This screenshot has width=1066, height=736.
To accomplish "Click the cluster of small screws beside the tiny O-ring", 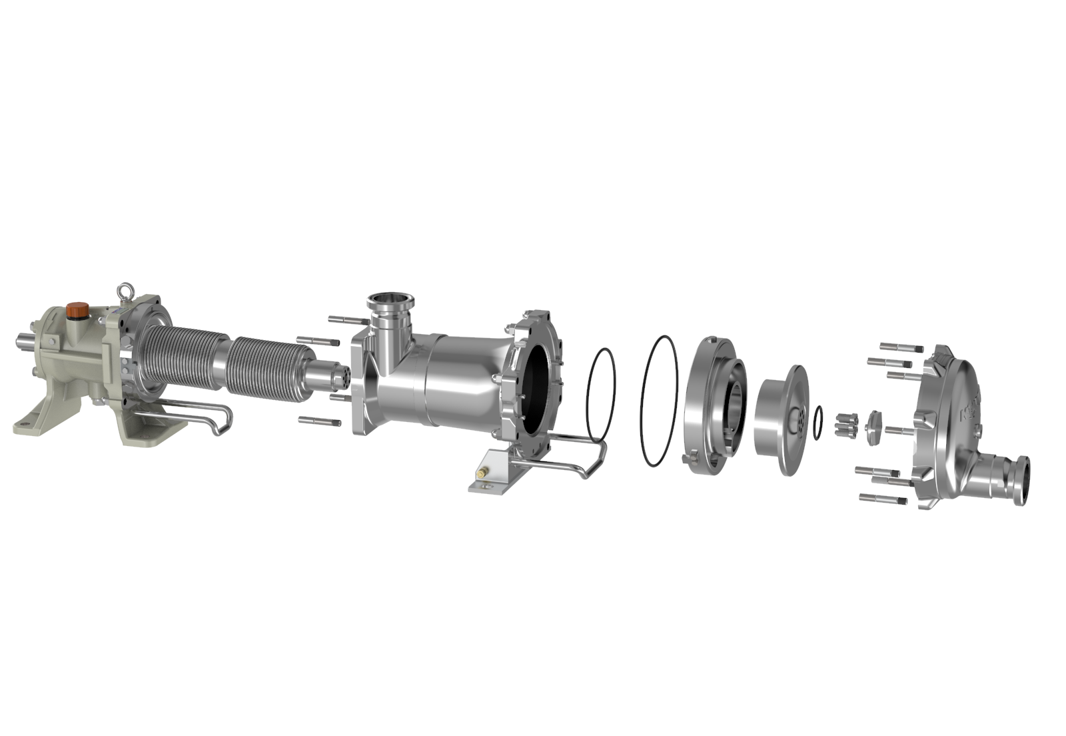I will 843,423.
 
